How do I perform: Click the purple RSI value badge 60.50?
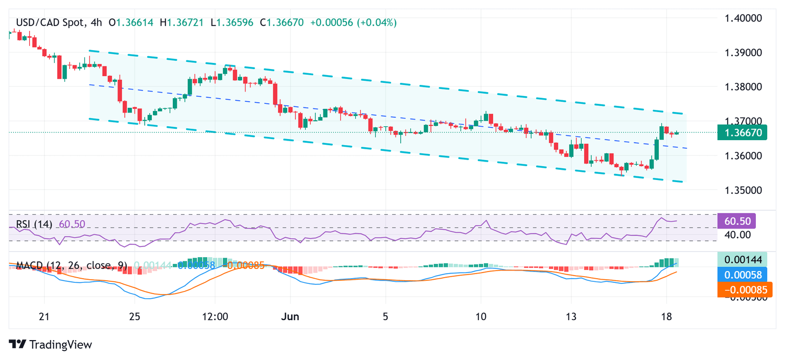pyautogui.click(x=736, y=221)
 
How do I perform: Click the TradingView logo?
pyautogui.click(x=51, y=345)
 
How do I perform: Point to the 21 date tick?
pyautogui.click(x=44, y=317)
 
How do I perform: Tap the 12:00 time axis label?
pyautogui.click(x=215, y=317)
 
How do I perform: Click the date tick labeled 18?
pyautogui.click(x=666, y=317)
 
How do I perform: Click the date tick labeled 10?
pyautogui.click(x=480, y=317)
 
